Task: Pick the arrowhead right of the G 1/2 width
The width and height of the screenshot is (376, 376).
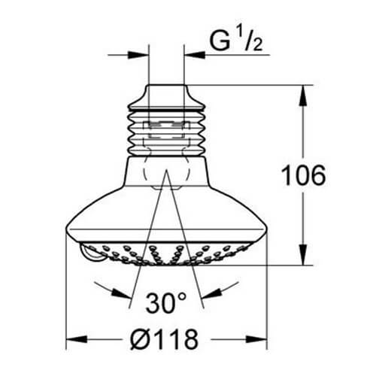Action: tap(189, 54)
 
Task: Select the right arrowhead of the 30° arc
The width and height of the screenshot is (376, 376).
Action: tap(227, 287)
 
